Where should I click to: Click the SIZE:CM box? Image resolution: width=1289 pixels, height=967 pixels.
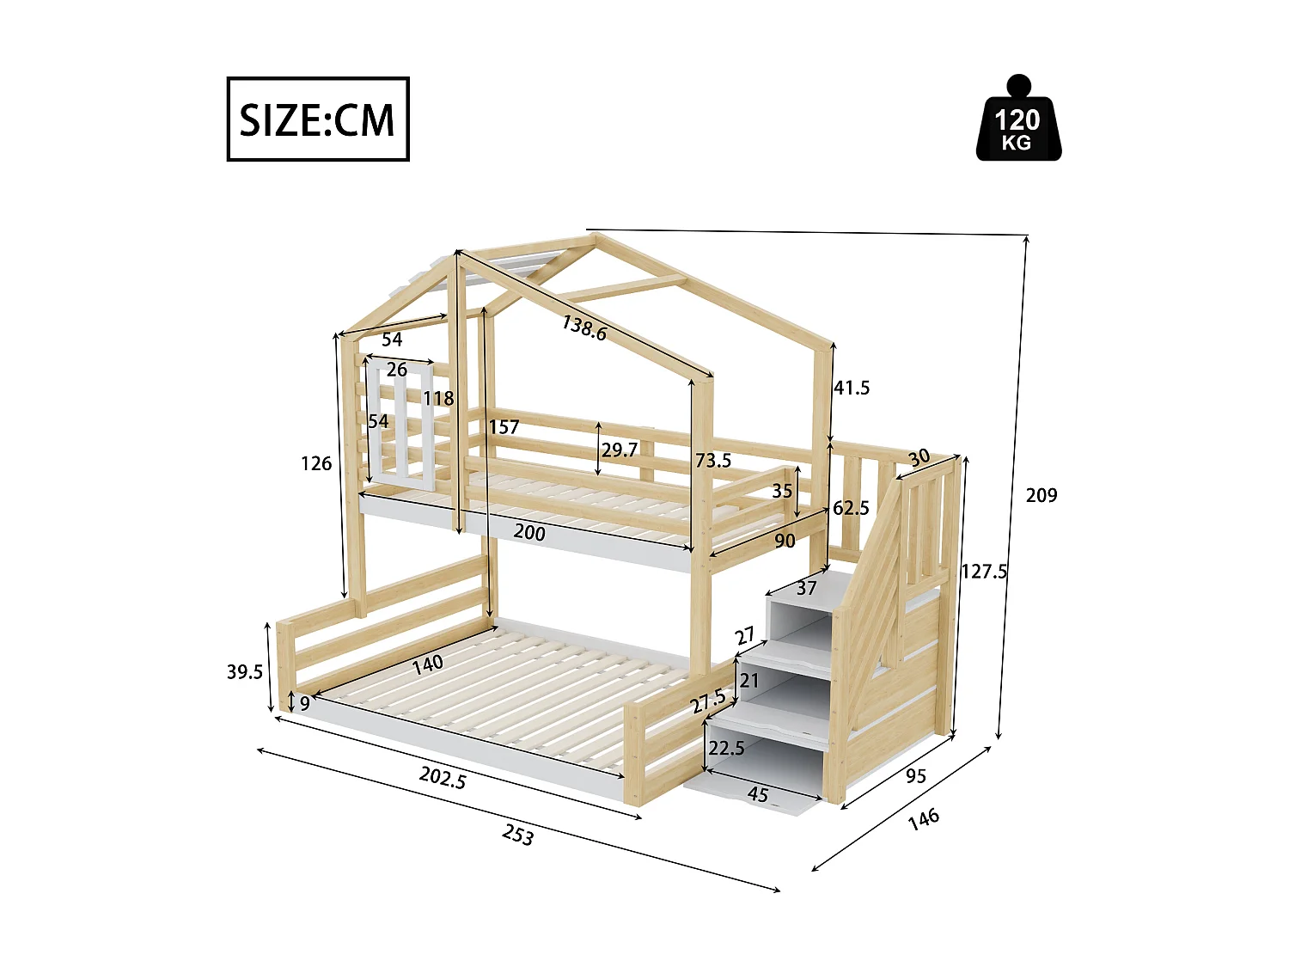[317, 119]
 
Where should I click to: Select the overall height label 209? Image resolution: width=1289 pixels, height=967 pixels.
[1041, 495]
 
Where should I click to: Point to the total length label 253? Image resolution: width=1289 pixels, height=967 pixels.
[517, 835]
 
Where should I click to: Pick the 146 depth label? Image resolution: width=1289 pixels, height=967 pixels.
[924, 818]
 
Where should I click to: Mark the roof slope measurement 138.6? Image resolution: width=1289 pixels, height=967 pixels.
[584, 327]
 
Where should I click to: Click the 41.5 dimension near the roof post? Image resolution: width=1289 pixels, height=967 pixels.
[852, 388]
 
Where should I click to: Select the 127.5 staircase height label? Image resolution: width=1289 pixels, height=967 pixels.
[984, 572]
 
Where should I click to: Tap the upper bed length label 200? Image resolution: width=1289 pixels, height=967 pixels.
[529, 533]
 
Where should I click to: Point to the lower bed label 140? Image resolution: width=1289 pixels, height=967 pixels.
[427, 664]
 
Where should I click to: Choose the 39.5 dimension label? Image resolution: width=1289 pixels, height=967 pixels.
[245, 672]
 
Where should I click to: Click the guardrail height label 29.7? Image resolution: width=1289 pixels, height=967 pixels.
[620, 450]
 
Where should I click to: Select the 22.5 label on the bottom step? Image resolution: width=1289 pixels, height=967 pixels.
[726, 748]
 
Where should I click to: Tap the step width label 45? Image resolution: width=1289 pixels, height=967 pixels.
[757, 794]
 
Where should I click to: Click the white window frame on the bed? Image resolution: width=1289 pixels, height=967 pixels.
[400, 425]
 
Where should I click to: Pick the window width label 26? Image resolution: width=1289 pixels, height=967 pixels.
[396, 370]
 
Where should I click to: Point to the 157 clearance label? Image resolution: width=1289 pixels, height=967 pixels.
[504, 427]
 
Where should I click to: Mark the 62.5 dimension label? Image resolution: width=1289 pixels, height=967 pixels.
[851, 508]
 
